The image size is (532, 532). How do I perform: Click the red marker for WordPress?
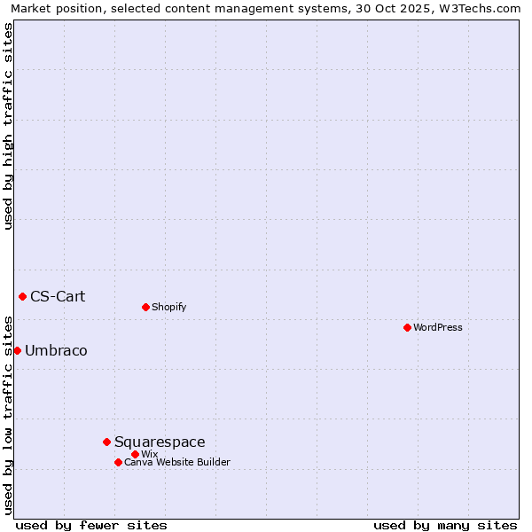407,327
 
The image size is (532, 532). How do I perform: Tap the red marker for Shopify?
145,307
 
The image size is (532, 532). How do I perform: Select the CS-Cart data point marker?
22,296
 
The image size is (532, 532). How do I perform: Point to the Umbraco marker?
17,350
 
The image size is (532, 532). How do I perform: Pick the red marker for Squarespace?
106,442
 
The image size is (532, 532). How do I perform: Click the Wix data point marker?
135,454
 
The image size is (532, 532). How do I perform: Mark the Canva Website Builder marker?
118,462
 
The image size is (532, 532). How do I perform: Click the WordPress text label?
438,327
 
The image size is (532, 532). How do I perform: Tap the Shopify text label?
168,307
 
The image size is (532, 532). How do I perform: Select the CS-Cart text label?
58,296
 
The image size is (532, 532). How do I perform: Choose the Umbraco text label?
56,350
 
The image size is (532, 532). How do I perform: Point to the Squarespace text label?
160,442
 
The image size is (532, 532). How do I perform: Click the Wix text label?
149,454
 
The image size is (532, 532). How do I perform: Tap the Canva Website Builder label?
177,462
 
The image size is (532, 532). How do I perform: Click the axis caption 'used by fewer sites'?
91,525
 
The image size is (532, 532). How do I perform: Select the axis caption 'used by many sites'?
445,525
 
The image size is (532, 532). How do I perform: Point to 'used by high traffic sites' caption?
9,126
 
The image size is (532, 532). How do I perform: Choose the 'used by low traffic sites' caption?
9,414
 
